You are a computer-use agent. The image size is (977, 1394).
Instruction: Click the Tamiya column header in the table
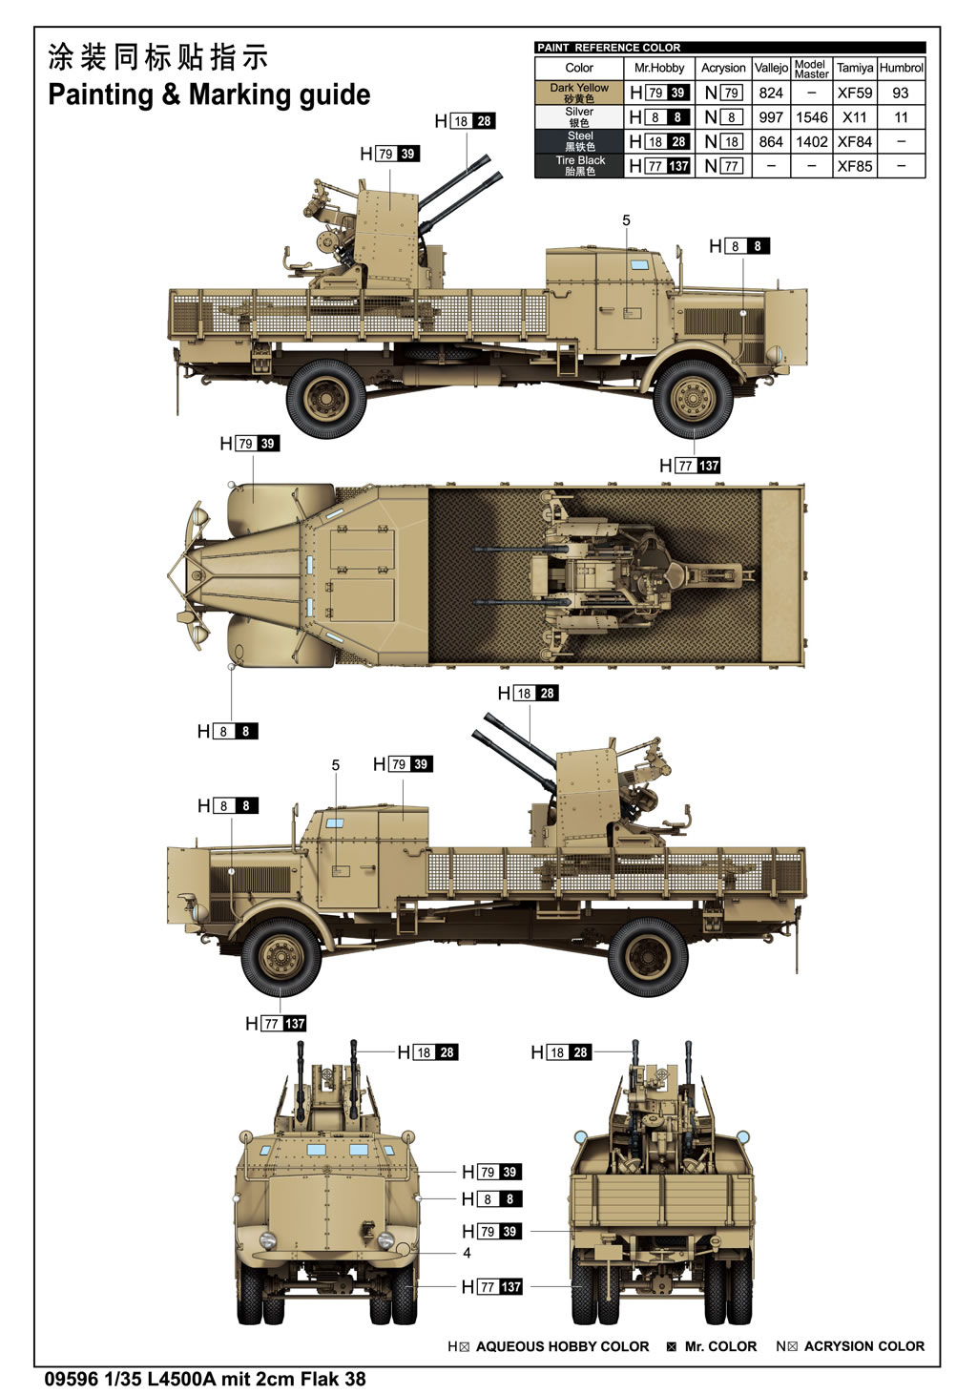(854, 68)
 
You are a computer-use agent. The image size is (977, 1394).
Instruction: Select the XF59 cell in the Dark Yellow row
(854, 93)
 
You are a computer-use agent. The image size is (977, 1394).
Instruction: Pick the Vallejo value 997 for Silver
(771, 117)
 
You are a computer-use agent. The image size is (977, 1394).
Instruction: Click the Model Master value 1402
(811, 141)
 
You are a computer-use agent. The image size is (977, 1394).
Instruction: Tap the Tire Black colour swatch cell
(579, 166)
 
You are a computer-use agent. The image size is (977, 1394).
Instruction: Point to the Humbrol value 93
(901, 93)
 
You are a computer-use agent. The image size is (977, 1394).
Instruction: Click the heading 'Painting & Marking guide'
(209, 94)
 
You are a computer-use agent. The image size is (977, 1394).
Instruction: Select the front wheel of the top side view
(694, 398)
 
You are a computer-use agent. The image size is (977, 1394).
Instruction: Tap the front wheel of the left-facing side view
(280, 955)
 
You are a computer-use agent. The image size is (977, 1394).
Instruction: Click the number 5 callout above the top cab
(626, 220)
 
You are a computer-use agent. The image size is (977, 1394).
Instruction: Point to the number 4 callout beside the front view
(467, 1252)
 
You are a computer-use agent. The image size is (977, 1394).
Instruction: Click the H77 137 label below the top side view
(690, 466)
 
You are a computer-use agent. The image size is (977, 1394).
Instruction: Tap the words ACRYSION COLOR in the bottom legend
(863, 1346)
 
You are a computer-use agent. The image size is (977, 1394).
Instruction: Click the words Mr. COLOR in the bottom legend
(720, 1346)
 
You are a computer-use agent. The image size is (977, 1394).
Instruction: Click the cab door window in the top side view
(637, 268)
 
